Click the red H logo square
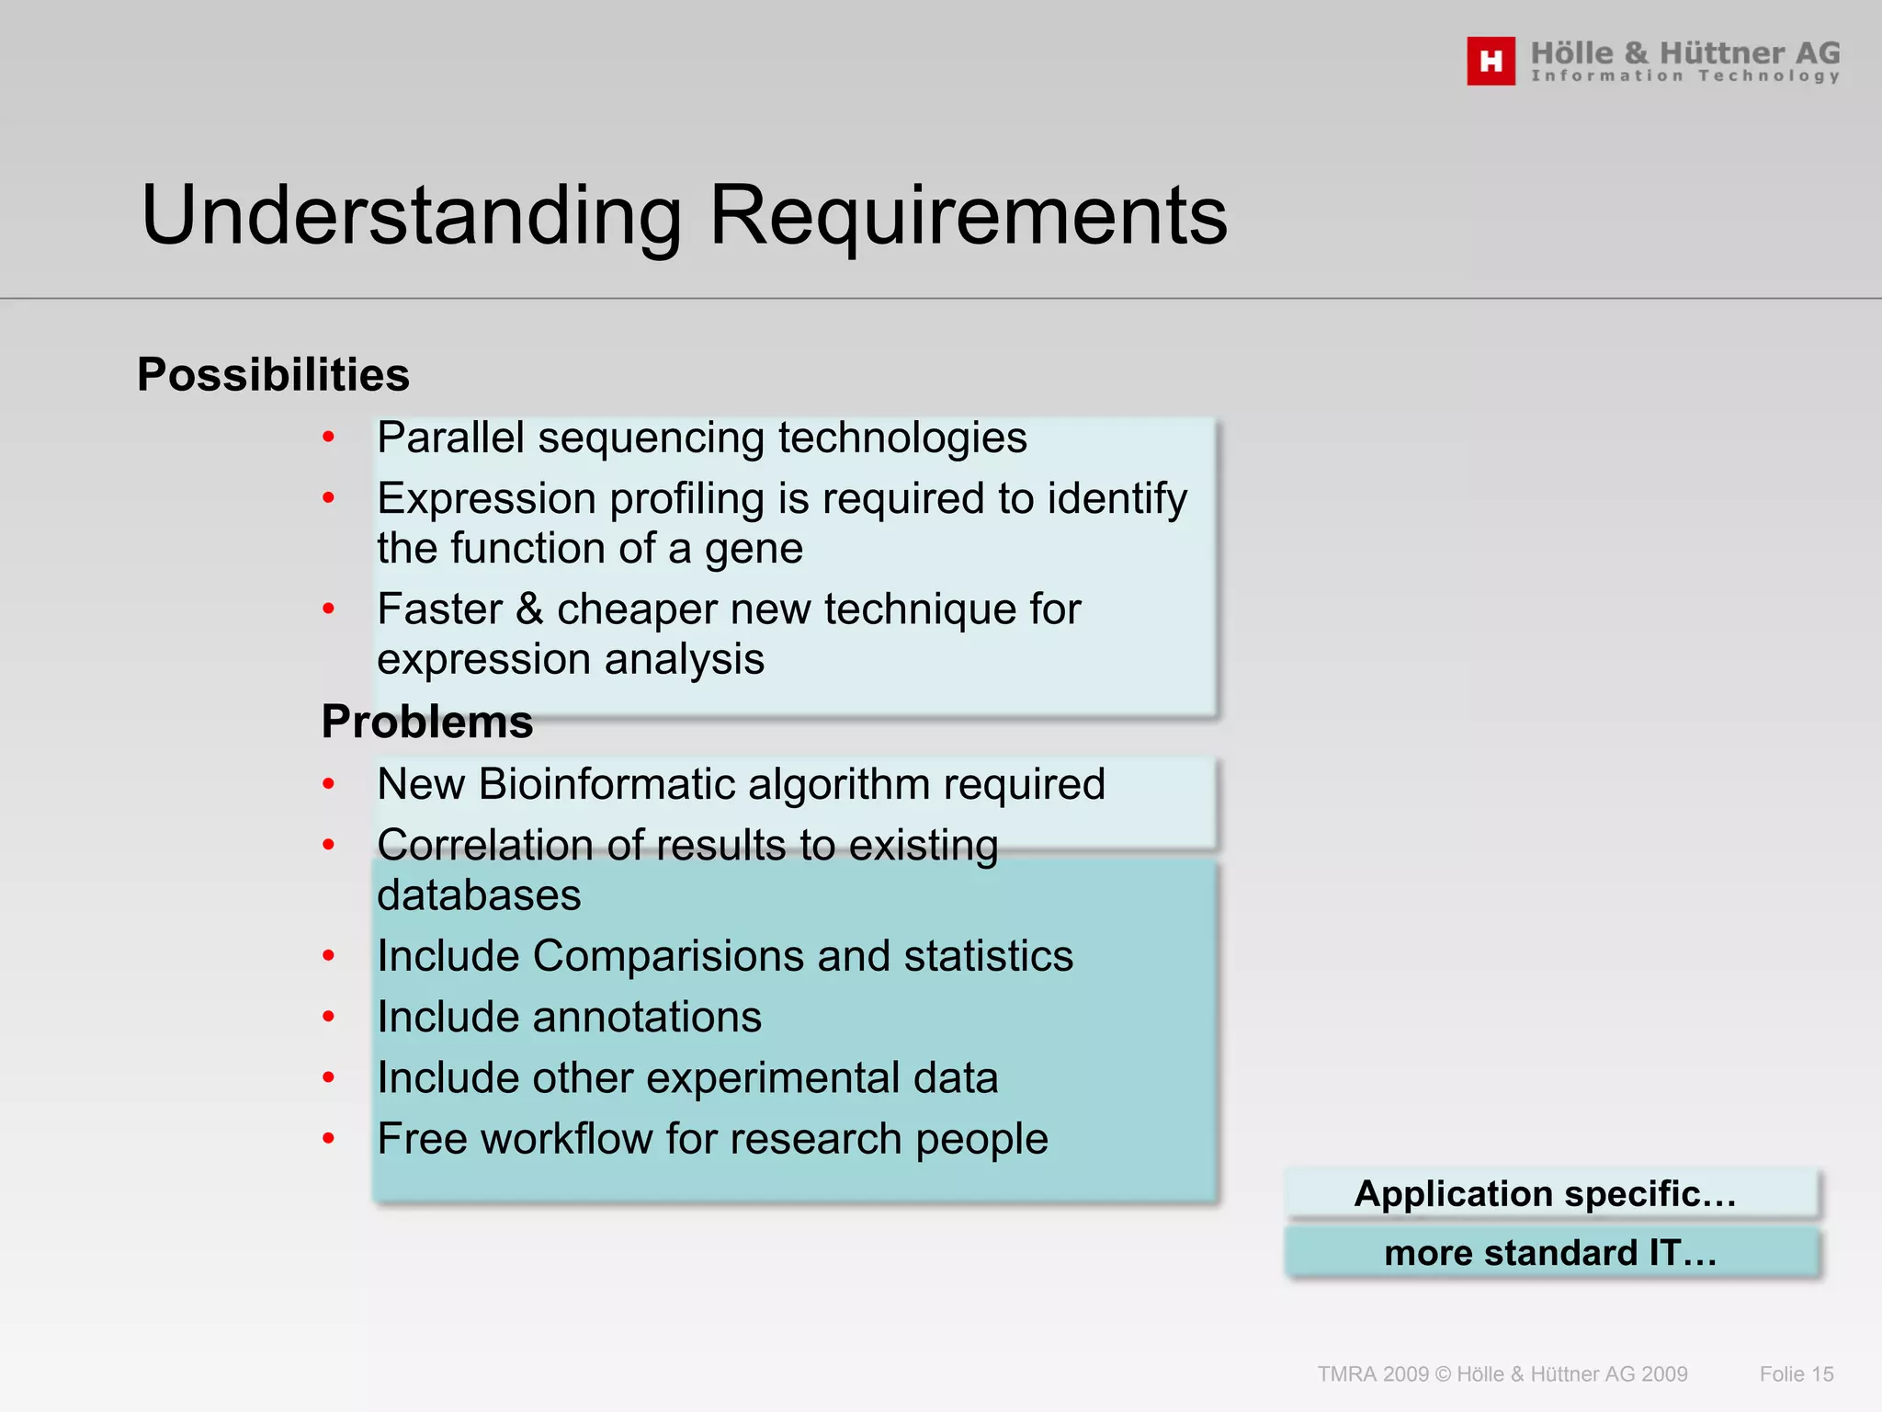[1491, 62]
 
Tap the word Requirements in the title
[969, 216]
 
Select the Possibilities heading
[273, 375]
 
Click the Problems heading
[426, 722]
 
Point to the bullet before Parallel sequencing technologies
[329, 438]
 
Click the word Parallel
[450, 438]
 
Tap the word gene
[754, 550]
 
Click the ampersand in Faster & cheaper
[529, 609]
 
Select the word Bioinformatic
[607, 784]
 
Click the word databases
[479, 895]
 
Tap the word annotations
[647, 1018]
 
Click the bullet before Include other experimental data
[329, 1078]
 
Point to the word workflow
[566, 1139]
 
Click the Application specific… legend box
[1551, 1193]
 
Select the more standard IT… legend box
[1551, 1253]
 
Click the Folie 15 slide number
[1796, 1374]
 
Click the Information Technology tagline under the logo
[1685, 76]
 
